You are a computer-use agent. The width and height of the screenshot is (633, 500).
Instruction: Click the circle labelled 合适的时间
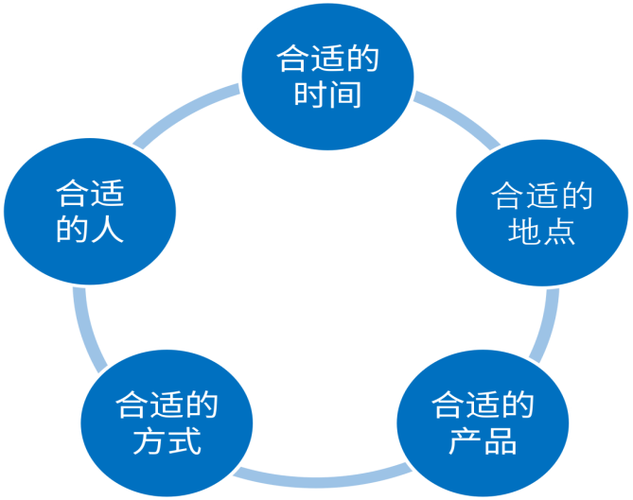(x=327, y=76)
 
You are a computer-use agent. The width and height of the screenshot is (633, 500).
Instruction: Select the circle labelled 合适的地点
(x=541, y=214)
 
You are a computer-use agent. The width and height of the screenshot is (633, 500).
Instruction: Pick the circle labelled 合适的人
(x=91, y=214)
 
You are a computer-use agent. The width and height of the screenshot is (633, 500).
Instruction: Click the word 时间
(x=327, y=95)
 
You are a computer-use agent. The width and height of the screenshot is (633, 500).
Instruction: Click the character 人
(x=108, y=230)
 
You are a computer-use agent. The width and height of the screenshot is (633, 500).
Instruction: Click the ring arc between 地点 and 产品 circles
(x=549, y=321)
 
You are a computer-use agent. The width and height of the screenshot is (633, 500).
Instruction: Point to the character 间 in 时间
(x=345, y=95)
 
